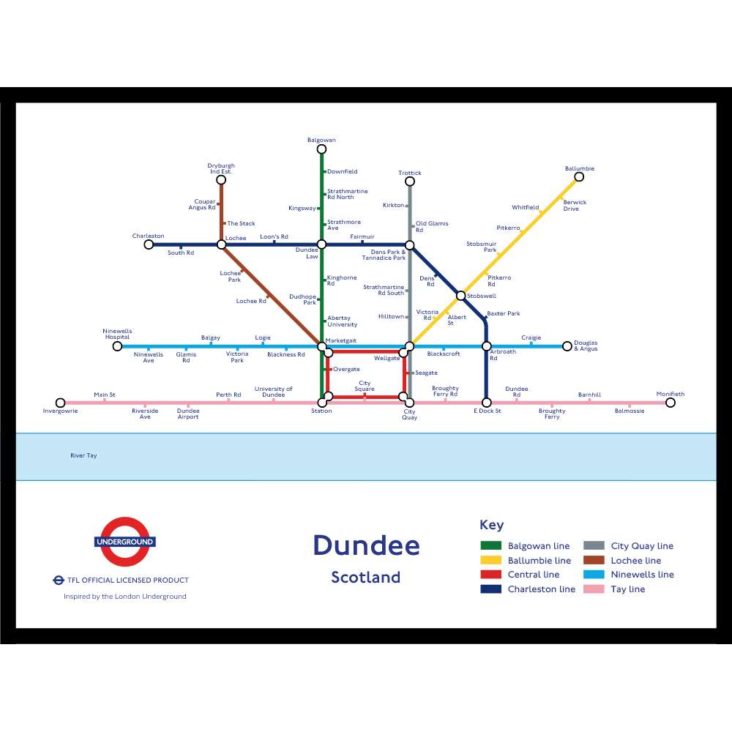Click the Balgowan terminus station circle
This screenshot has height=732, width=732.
(x=321, y=149)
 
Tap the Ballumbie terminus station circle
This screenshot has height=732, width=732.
(x=579, y=177)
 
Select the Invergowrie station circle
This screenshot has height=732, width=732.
(x=61, y=403)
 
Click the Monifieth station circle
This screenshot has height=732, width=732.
(x=670, y=403)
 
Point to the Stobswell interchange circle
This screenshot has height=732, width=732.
(x=460, y=296)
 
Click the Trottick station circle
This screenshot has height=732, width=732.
(x=410, y=182)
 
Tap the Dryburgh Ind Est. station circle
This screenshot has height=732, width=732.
(x=221, y=180)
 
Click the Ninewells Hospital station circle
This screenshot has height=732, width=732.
(x=117, y=346)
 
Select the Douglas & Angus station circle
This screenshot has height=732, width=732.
(x=567, y=346)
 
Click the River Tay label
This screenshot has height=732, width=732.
(x=83, y=456)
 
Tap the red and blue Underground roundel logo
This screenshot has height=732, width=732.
(x=124, y=542)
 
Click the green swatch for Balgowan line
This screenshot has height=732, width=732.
(x=490, y=546)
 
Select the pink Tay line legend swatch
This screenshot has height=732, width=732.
(x=594, y=589)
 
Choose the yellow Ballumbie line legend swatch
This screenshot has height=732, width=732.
(x=490, y=561)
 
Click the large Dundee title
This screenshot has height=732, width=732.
(x=366, y=546)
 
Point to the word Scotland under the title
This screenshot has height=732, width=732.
(x=366, y=578)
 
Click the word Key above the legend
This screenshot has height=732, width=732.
(x=491, y=525)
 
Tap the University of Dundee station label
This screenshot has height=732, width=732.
(x=273, y=392)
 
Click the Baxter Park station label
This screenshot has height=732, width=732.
(x=504, y=313)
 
